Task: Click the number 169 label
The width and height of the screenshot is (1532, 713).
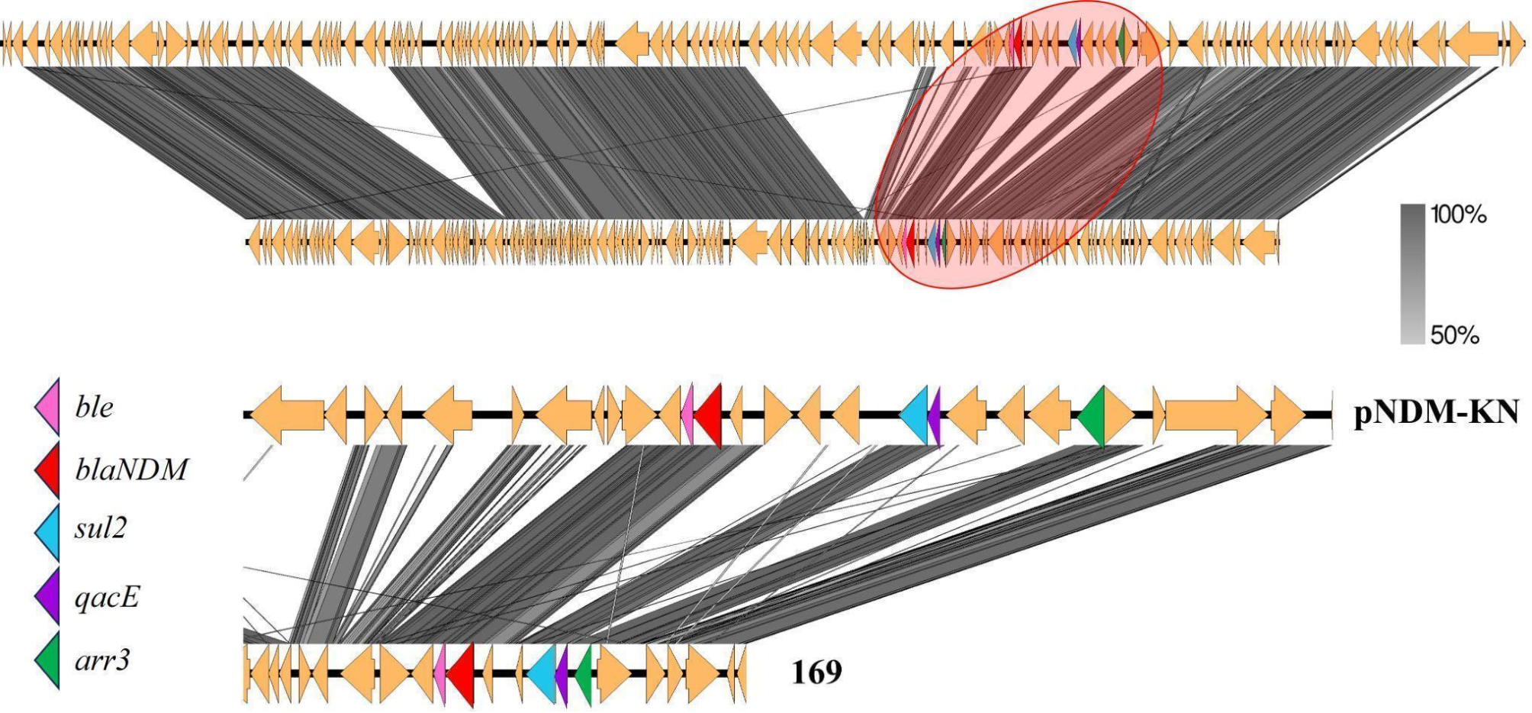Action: (816, 673)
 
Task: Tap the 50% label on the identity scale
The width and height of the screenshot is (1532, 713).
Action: (1454, 335)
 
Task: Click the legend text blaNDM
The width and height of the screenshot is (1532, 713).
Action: (131, 469)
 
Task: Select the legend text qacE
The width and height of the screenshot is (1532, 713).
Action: (107, 596)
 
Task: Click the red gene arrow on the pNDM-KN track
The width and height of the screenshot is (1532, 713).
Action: (709, 415)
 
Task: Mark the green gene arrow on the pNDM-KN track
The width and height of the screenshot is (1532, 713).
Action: (1093, 415)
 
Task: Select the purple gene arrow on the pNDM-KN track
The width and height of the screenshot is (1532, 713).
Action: (935, 415)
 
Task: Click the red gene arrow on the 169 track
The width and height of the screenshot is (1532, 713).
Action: (462, 674)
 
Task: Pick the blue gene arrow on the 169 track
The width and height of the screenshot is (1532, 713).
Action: (543, 674)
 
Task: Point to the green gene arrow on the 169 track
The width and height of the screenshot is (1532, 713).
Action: (584, 674)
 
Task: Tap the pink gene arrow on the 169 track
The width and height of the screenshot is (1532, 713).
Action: (440, 674)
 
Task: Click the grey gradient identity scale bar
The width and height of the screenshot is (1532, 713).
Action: (1412, 274)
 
